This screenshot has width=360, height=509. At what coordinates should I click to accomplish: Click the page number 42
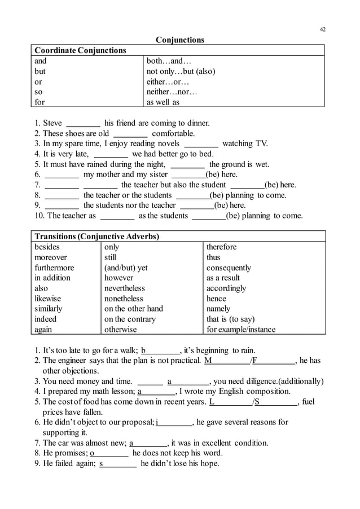coord(322,29)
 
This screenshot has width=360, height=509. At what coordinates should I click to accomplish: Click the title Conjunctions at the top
coord(179,40)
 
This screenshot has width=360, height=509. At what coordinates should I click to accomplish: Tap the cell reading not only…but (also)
coord(181,72)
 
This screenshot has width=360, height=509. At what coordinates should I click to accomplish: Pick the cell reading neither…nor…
coord(172,92)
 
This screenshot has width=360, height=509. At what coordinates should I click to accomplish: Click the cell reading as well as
coord(163,103)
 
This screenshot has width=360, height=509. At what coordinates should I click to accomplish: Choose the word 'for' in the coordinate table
coord(39,103)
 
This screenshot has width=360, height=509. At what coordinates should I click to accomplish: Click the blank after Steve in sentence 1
coord(84,124)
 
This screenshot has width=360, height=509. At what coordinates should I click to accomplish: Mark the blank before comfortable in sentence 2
coord(130,134)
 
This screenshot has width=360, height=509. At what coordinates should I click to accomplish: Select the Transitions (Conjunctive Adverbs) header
coord(96,236)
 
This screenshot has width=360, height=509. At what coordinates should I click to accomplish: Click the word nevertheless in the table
coord(124,288)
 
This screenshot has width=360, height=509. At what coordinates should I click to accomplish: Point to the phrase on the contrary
coord(130,319)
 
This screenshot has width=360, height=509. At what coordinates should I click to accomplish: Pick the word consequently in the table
coord(229,267)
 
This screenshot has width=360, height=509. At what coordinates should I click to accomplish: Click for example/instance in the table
coord(241,330)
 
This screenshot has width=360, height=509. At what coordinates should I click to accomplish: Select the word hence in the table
coord(216,299)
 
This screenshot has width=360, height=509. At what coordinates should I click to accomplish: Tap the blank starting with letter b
coord(160,350)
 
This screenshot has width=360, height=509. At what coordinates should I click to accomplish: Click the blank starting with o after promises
coord(109,453)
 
